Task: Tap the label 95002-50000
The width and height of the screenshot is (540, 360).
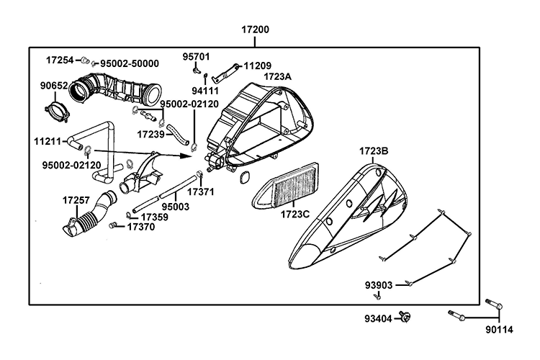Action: tap(130, 63)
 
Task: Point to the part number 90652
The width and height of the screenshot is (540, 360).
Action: tap(53, 86)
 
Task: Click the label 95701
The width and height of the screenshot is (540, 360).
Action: tap(195, 55)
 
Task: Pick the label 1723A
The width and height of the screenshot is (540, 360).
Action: tap(277, 76)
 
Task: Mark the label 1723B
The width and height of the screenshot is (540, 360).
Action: tap(374, 151)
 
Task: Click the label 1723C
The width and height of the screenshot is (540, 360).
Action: tap(294, 215)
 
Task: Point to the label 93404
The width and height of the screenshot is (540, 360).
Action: tap(377, 318)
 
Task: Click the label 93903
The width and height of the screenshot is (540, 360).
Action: tap(378, 285)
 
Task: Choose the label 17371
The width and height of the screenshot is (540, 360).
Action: tap(202, 192)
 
